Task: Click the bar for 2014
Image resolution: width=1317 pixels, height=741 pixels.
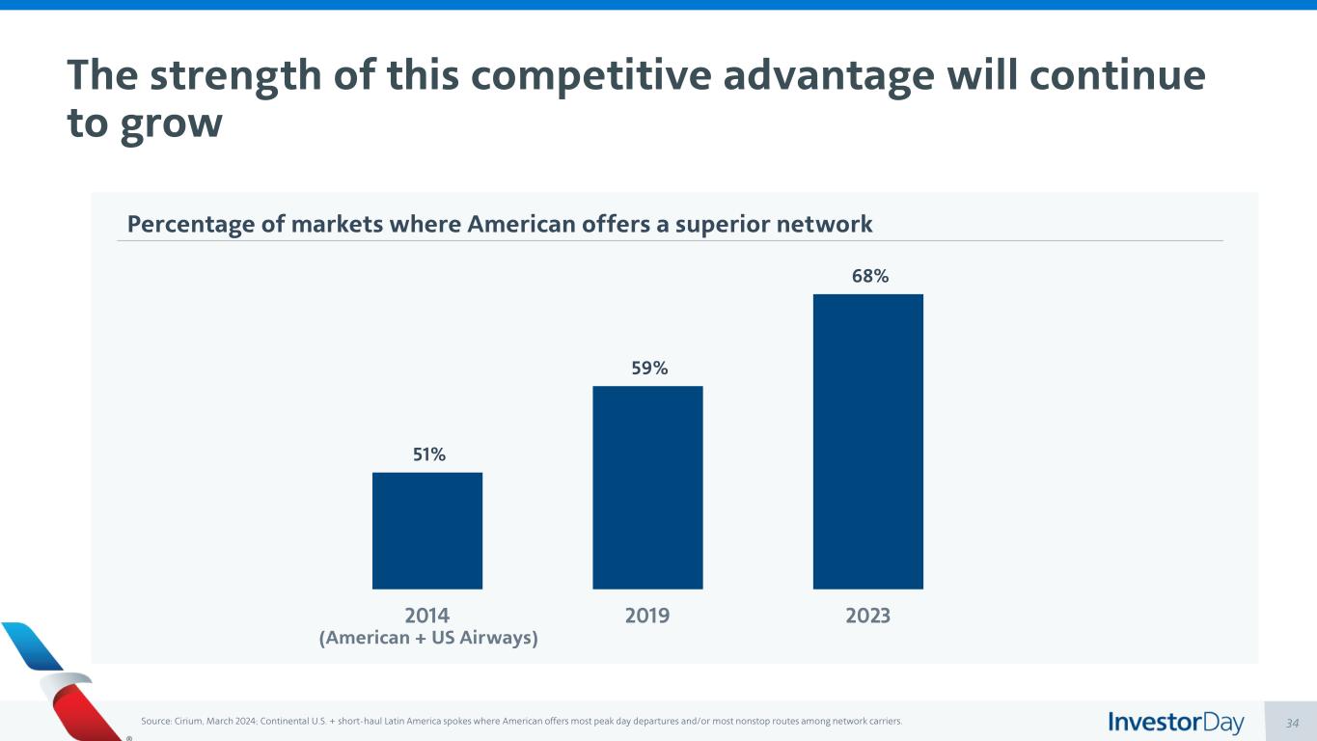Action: [x=427, y=531]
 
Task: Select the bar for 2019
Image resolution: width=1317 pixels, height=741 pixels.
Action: [x=647, y=487]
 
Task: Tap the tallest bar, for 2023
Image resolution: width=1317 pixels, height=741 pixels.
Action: [x=868, y=441]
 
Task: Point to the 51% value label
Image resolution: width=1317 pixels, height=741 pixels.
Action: [x=429, y=454]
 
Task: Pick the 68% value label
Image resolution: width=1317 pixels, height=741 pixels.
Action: [x=870, y=276]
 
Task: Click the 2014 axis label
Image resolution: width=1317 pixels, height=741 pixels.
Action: [x=427, y=616]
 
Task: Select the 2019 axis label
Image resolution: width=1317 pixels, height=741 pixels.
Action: [x=647, y=616]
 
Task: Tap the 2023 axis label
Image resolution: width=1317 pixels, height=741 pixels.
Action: [x=867, y=616]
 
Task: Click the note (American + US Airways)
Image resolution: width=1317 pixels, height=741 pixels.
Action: [x=428, y=639]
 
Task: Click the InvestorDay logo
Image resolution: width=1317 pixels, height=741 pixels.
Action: [x=1176, y=723]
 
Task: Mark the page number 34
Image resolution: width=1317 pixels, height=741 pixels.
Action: [x=1293, y=723]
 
